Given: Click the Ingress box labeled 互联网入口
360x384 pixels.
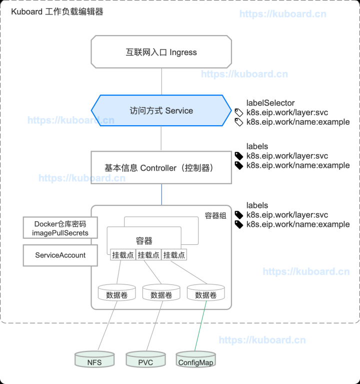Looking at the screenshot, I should tap(161, 52).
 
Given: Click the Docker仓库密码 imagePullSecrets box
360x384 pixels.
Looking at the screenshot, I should tap(60, 228).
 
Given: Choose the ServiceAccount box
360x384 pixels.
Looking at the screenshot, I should tap(60, 255).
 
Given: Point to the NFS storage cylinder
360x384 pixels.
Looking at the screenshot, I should tap(94, 360).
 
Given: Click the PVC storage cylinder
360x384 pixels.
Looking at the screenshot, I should tap(145, 360).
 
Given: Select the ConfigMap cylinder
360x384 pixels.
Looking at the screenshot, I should tap(196, 360).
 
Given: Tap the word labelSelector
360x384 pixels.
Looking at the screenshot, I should tap(270, 103).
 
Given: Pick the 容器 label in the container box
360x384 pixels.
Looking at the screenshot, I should tap(144, 240).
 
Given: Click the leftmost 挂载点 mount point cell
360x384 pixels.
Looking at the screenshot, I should tap(123, 255).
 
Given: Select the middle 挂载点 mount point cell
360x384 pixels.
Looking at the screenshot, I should tap(148, 255).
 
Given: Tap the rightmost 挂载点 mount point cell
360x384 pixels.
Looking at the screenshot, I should tap(174, 255).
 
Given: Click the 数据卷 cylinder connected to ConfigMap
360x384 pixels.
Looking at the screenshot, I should tap(205, 294).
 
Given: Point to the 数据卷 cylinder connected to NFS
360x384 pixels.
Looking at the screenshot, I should tap(116, 294).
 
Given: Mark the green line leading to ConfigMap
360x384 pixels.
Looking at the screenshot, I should tap(200, 328).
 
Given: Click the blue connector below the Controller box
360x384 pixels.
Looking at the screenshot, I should tap(161, 194).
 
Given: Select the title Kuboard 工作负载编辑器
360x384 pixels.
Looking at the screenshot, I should tap(57, 12).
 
